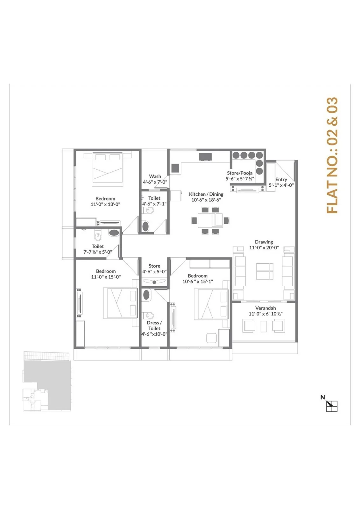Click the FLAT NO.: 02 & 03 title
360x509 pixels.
point(332,156)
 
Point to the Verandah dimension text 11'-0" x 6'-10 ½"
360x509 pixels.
point(265,314)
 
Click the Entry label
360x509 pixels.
point(281,179)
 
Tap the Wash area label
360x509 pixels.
point(155,176)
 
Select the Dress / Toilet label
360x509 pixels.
point(154,325)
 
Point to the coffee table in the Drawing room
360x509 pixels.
point(265,271)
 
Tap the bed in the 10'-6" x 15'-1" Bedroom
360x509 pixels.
point(211,304)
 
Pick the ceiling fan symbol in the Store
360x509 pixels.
point(154,282)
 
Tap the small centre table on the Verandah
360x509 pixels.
point(264,326)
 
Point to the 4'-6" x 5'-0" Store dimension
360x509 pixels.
point(154,272)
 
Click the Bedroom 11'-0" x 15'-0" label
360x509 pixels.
point(106,274)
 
